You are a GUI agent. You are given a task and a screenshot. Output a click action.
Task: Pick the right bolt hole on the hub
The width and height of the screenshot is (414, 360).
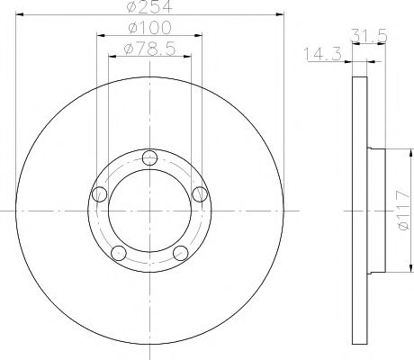click(200, 193)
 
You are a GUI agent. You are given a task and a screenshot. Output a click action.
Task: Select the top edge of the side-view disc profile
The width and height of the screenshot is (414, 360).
click(358, 76)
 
